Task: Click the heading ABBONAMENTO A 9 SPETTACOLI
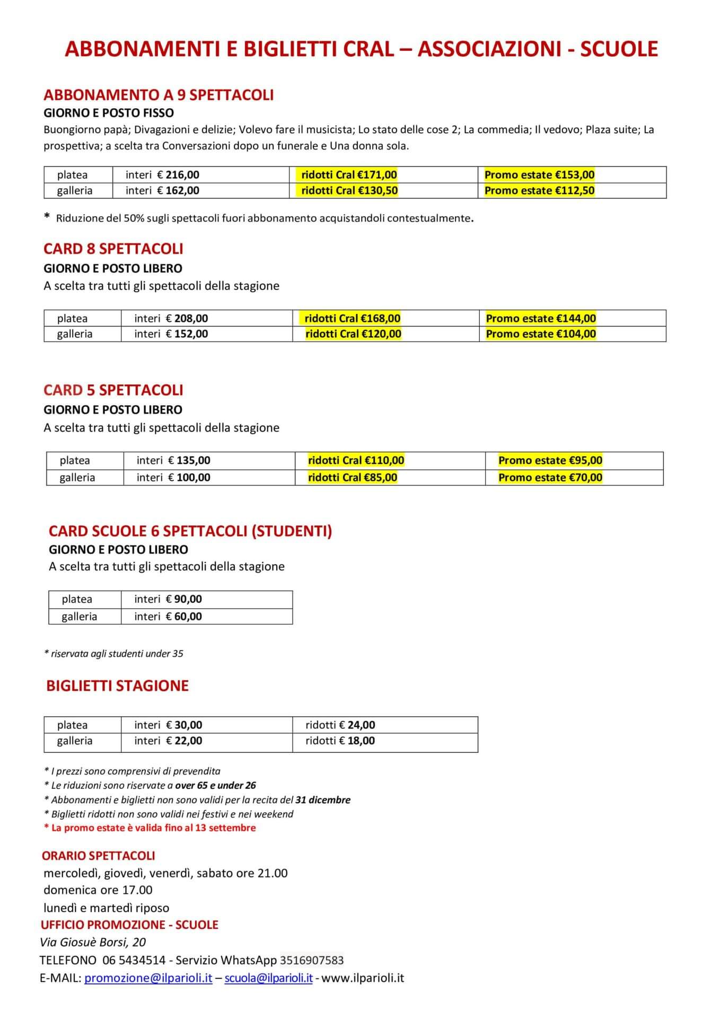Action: click(x=159, y=95)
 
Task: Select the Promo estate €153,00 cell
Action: click(x=539, y=174)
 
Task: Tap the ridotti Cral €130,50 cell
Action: click(x=349, y=190)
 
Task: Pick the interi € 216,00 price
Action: click(x=162, y=174)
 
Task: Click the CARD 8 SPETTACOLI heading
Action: click(x=113, y=249)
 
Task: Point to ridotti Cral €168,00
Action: click(x=352, y=318)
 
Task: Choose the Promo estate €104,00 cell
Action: click(x=541, y=334)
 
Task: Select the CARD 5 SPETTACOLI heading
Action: click(x=113, y=390)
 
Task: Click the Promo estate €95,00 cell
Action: click(x=550, y=460)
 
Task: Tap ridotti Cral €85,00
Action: click(x=353, y=477)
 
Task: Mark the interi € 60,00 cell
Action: click(x=168, y=616)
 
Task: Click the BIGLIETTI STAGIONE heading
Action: click(x=117, y=686)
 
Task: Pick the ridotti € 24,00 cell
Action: click(x=340, y=725)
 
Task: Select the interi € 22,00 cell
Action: click(x=168, y=740)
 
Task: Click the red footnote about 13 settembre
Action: click(x=150, y=828)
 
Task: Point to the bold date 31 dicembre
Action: click(x=323, y=800)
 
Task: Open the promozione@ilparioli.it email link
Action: click(x=148, y=978)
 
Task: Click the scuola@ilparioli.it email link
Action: click(x=268, y=978)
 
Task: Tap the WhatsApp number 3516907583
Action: click(x=312, y=960)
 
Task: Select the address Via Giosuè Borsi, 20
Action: click(x=93, y=942)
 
